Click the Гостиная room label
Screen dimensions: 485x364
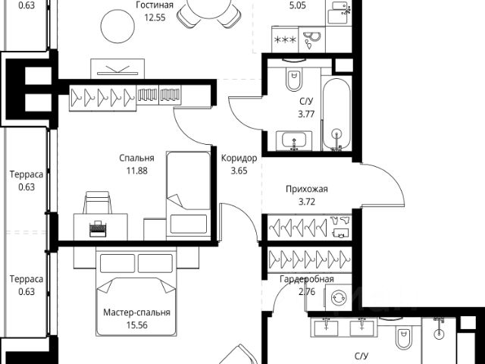pyautogui.click(x=155, y=5)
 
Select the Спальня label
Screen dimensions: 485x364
pyautogui.click(x=136, y=158)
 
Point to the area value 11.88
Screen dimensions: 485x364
pyautogui.click(x=136, y=171)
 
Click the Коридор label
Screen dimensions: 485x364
pyautogui.click(x=239, y=158)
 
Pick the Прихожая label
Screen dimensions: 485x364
pyautogui.click(x=306, y=190)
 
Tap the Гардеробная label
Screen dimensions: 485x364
pyautogui.click(x=306, y=279)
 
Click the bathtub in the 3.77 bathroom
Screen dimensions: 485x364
pyautogui.click(x=336, y=114)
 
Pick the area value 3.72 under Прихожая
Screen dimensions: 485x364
pyautogui.click(x=306, y=202)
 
